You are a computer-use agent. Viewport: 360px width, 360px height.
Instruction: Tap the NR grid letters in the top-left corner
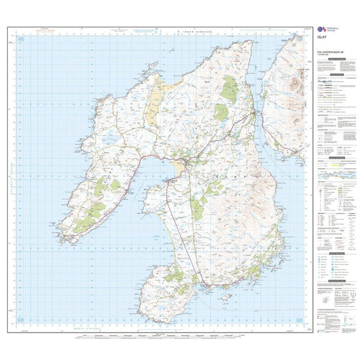click(20, 41)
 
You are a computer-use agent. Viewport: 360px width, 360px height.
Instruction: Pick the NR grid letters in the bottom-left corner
click(20, 320)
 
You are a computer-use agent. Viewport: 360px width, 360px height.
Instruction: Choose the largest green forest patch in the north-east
click(229, 89)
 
